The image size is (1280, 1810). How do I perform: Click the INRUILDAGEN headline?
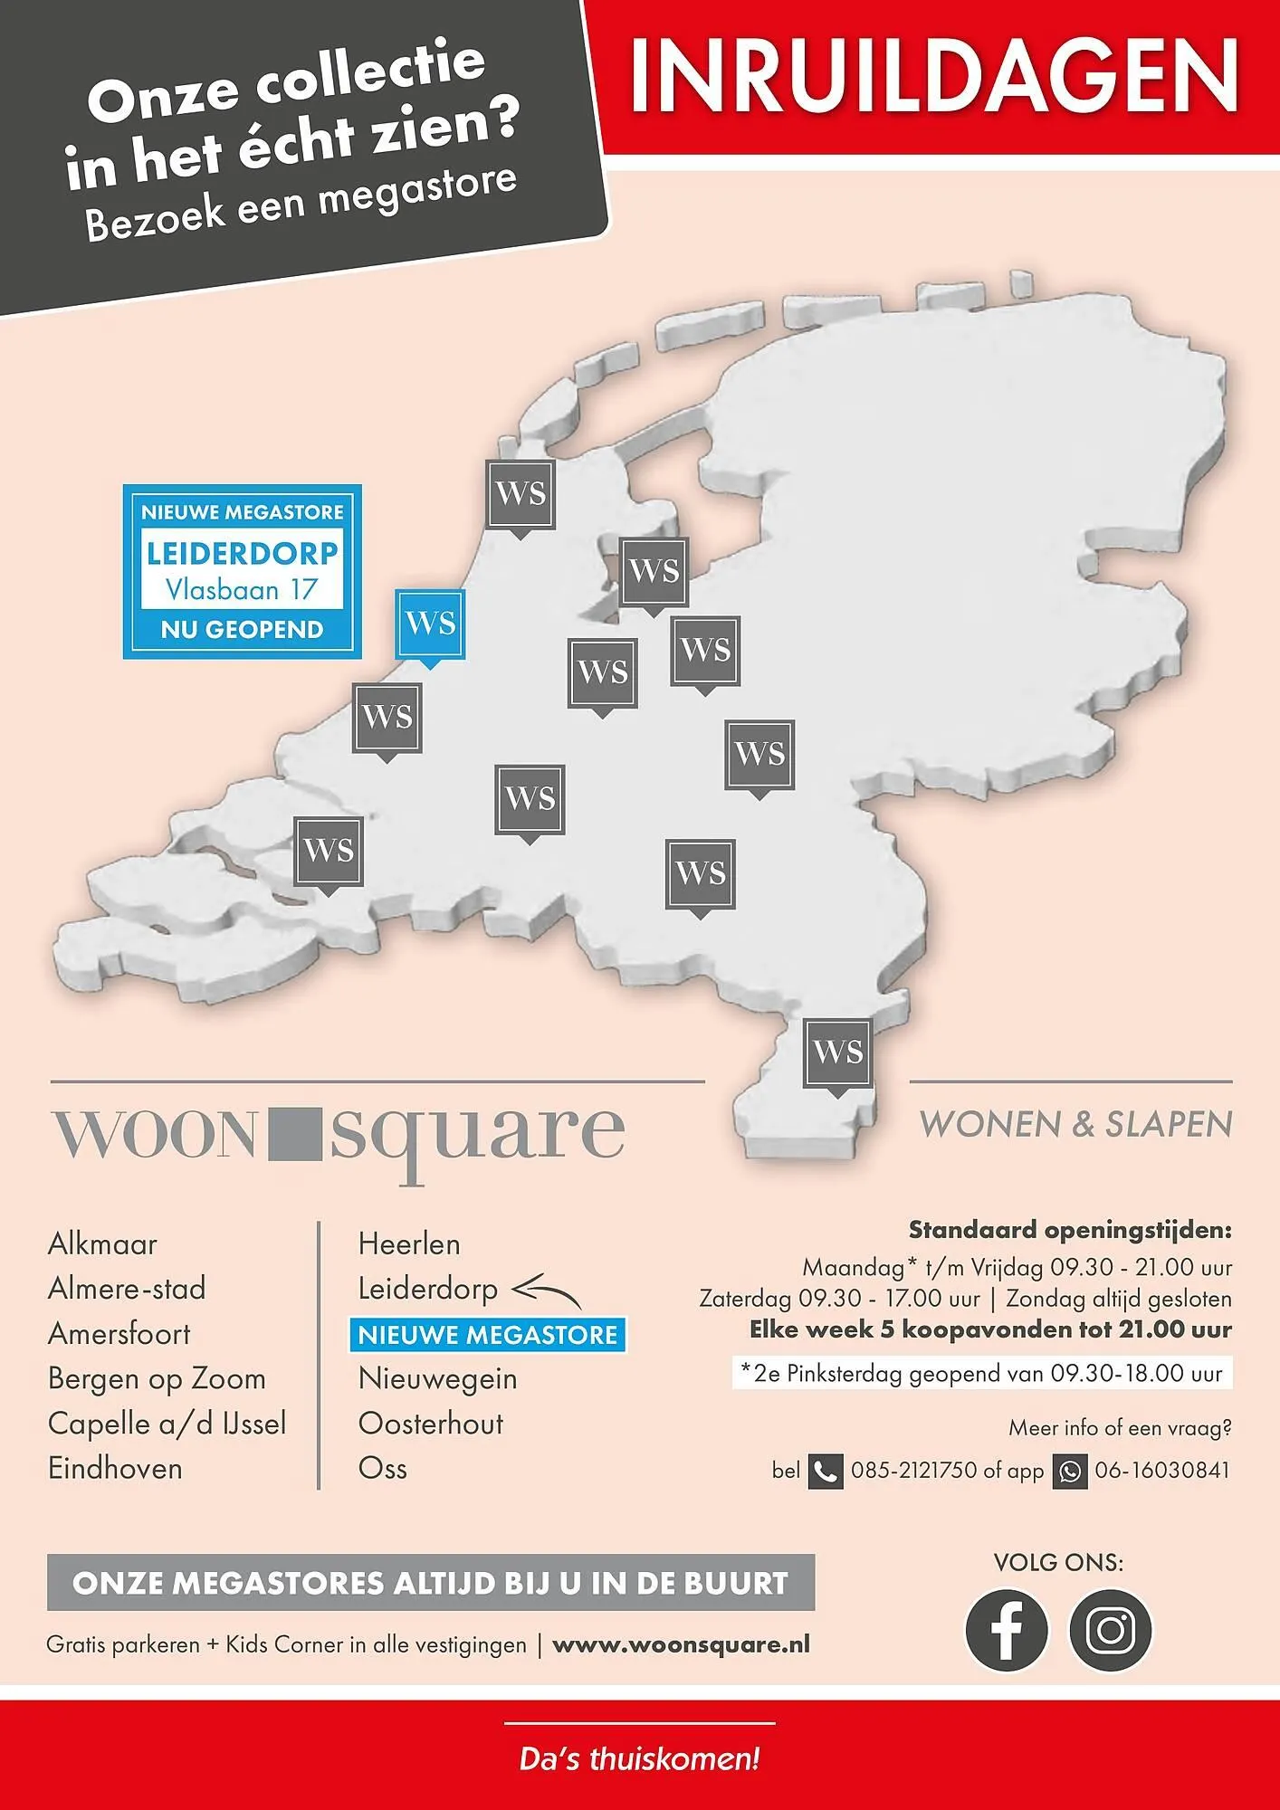coord(933,76)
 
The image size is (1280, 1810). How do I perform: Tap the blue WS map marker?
coord(430,624)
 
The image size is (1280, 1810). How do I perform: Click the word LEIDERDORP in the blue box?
coord(243,553)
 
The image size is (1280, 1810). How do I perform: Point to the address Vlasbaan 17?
coord(242,590)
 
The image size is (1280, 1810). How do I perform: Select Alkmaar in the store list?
coord(102,1244)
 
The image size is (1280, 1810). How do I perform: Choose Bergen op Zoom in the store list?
coord(157,1378)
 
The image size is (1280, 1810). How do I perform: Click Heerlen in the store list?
coord(409,1244)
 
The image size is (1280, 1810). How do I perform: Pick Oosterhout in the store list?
coord(431,1424)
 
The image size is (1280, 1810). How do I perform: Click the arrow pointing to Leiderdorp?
coord(546,1291)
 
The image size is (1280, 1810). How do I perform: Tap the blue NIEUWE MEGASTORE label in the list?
coord(487,1335)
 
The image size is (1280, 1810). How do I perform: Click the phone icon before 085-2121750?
coord(825,1471)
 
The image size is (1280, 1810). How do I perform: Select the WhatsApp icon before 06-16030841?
coord(1070,1471)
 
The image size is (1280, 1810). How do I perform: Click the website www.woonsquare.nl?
coord(681,1644)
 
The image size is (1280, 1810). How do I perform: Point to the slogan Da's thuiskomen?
coord(639,1759)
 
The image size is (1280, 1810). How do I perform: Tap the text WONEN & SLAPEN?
coord(1075,1124)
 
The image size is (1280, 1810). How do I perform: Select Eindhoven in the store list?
coord(115,1468)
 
